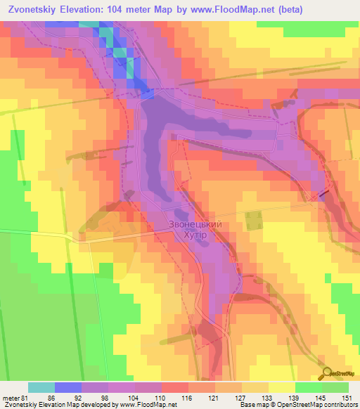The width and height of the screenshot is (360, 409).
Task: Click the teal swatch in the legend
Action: pos(41,387)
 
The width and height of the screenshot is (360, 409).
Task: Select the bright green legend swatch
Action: pos(309,387)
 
